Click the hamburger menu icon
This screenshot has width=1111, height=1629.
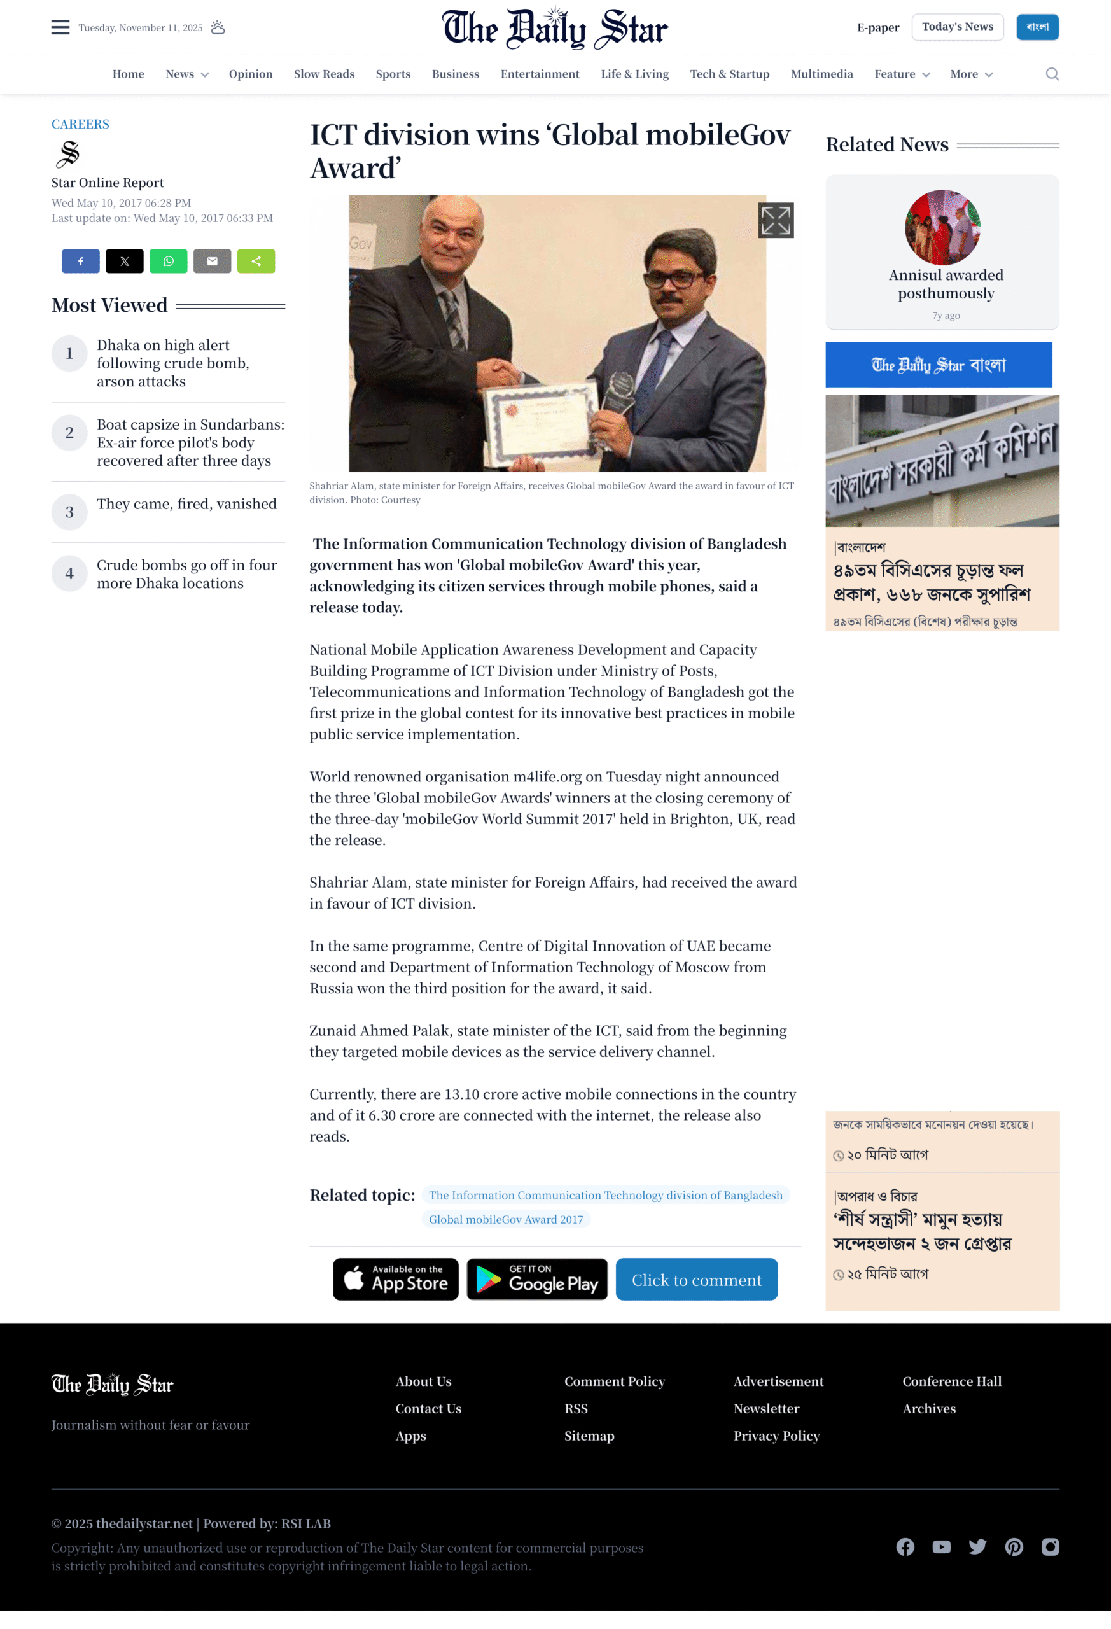point(60,27)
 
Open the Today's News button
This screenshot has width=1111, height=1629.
point(957,27)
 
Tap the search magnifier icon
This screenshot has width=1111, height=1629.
point(1051,74)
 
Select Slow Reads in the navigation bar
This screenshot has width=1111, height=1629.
point(324,74)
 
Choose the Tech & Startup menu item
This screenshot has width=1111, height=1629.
point(729,74)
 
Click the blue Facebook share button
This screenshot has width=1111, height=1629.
point(81,262)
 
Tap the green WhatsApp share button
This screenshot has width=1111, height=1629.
point(168,262)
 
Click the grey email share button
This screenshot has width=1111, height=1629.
point(212,262)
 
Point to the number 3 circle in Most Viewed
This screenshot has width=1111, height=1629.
point(69,512)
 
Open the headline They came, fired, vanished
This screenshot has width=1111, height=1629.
point(186,504)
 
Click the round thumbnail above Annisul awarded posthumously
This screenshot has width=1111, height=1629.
point(942,227)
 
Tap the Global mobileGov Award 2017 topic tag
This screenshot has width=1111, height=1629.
point(505,1220)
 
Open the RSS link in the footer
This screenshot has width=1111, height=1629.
point(576,1409)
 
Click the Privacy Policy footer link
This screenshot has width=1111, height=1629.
point(776,1436)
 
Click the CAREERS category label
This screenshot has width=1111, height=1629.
point(80,124)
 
